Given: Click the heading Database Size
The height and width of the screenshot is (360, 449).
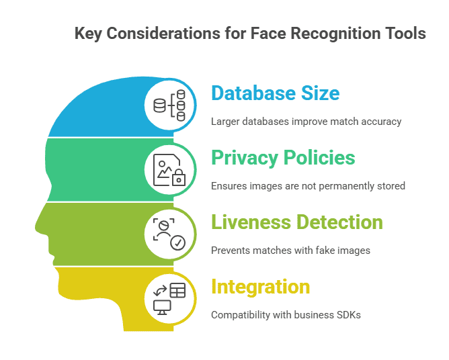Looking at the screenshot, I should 275,93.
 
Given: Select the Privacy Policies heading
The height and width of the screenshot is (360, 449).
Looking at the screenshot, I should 283,157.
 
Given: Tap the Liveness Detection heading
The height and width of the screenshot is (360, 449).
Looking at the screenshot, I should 296,222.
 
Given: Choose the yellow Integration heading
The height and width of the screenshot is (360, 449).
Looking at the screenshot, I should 260,287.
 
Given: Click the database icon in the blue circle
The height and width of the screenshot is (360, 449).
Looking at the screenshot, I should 159,105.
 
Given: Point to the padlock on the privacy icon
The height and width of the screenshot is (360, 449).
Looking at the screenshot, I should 179,178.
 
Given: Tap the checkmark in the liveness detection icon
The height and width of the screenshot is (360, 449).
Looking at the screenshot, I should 178,242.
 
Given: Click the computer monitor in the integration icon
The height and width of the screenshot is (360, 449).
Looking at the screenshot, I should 162,306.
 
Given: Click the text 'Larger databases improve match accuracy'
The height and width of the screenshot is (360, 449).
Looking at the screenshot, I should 306,122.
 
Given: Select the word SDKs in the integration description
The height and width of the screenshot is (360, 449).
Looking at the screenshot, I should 348,314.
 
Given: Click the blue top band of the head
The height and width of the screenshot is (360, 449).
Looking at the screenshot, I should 101,107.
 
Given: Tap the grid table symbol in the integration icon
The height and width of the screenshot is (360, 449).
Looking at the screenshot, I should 177,290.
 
